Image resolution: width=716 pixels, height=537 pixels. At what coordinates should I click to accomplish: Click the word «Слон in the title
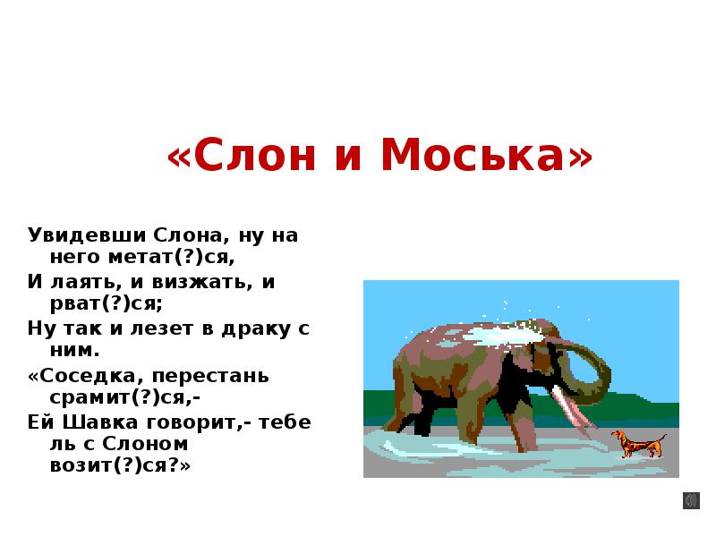(227, 158)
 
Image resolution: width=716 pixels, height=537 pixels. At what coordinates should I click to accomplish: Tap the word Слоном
(151, 443)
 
